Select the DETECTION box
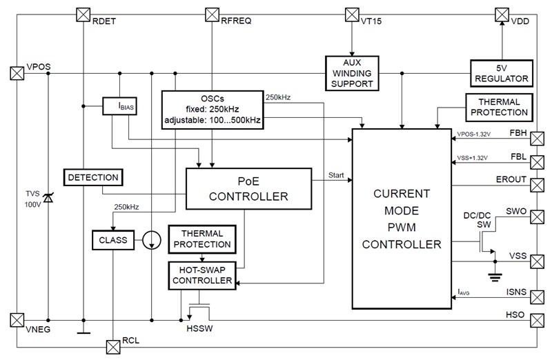93,177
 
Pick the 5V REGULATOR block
500,72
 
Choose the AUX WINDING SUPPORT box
352,72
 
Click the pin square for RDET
82,14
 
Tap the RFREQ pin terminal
213,14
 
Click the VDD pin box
502,14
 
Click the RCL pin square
112,346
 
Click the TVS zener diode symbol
48,199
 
